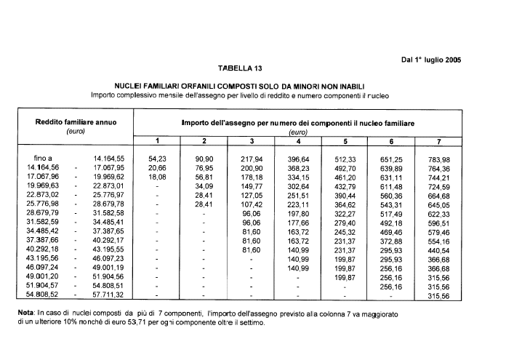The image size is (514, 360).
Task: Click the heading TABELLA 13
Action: point(239,69)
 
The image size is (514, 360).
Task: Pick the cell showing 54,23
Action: point(157,159)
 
